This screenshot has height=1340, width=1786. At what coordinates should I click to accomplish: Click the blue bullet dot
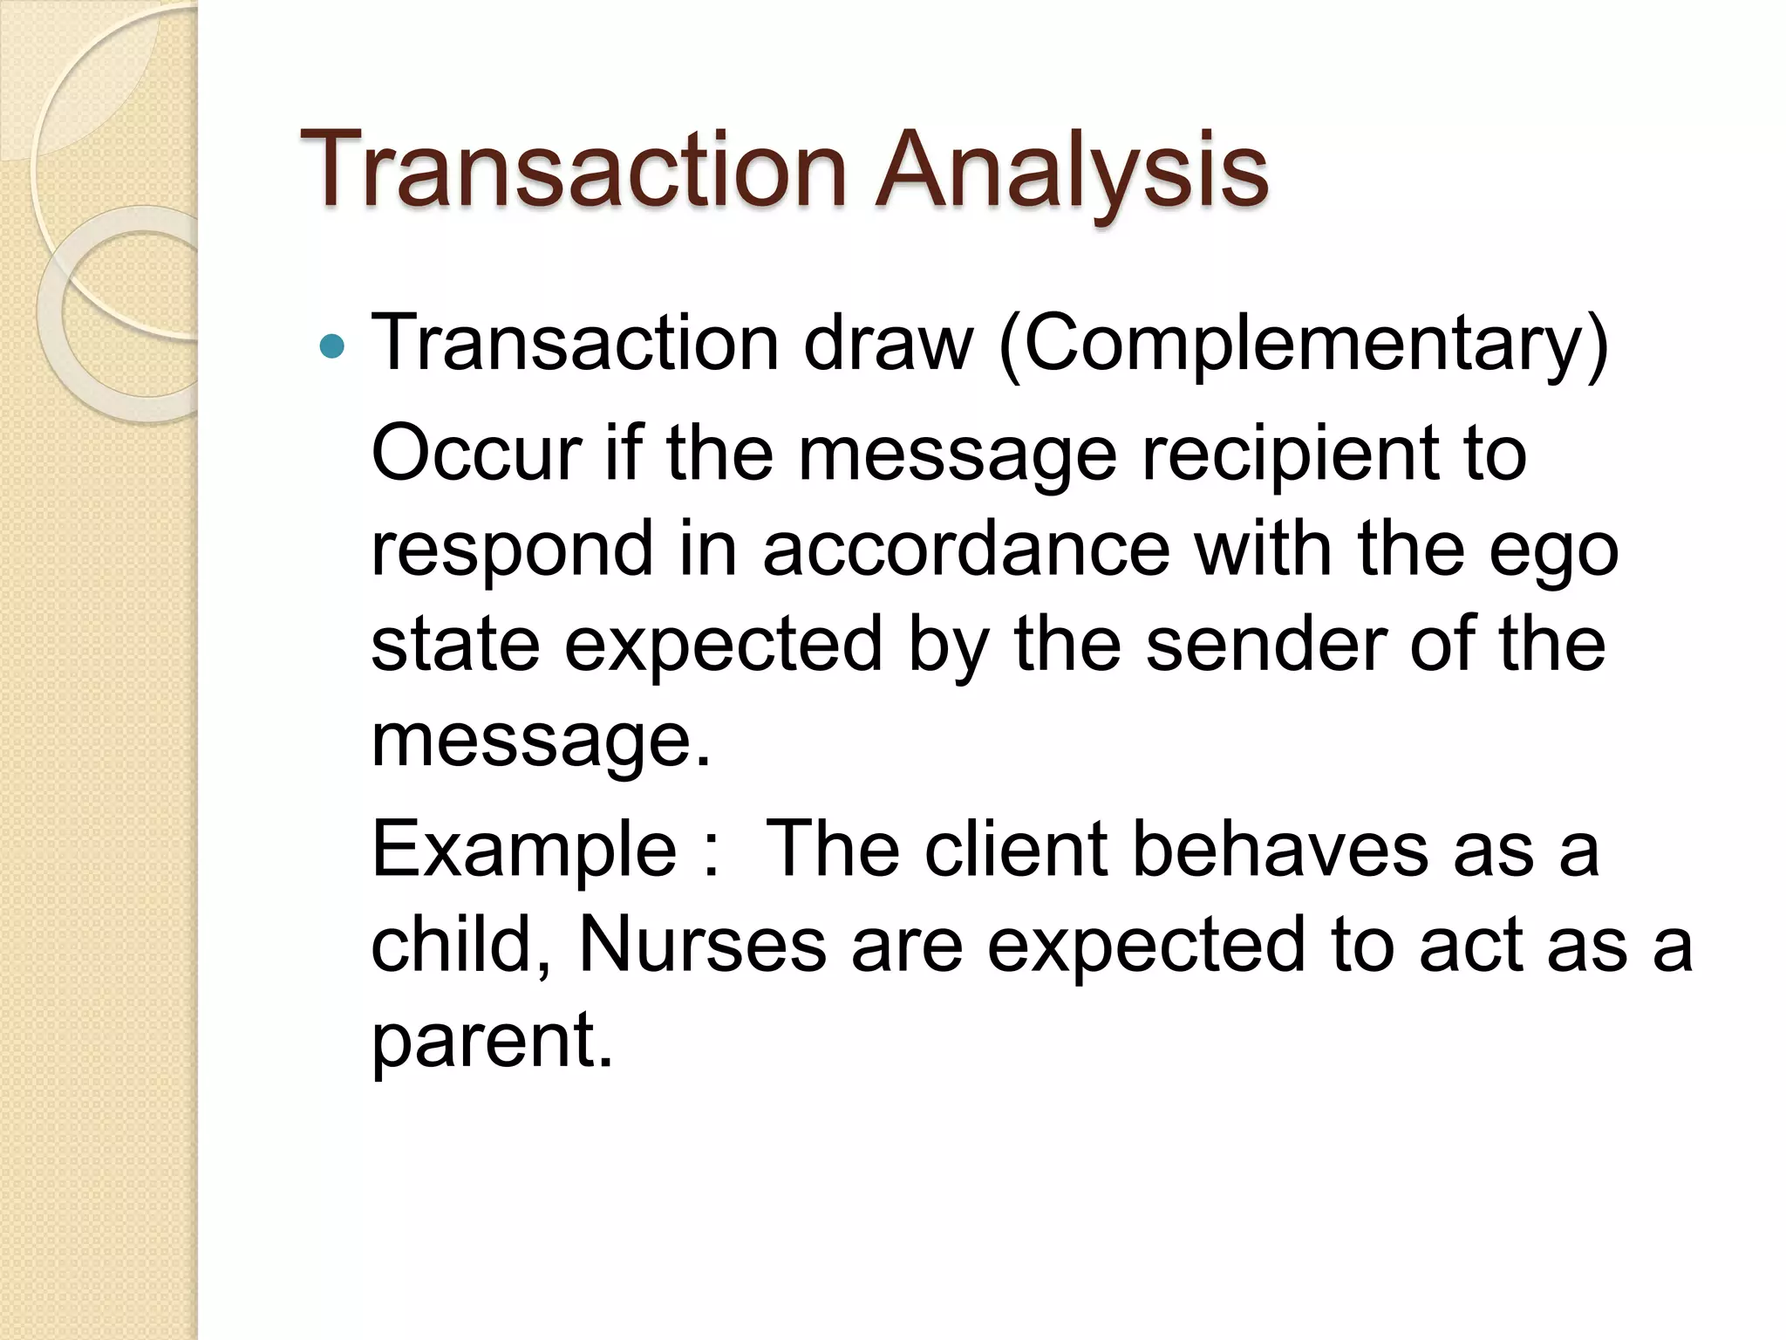[x=332, y=348]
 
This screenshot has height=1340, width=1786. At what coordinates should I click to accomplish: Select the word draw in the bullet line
[x=887, y=343]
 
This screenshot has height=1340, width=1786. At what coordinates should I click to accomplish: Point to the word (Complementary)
[x=1303, y=345]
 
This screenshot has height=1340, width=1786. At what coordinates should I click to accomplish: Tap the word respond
[x=512, y=550]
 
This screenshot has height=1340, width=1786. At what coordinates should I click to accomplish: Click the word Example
[x=523, y=851]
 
